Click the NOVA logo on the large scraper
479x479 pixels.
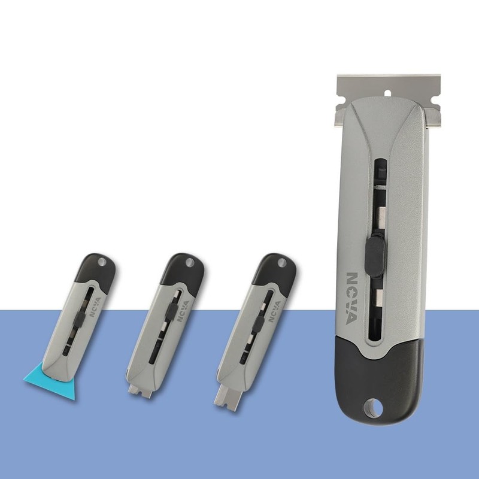tap(352, 299)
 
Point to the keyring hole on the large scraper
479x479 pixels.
tap(372, 408)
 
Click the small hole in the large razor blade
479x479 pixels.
tap(387, 93)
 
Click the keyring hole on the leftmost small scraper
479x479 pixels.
tap(102, 262)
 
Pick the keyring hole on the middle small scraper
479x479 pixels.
tap(190, 262)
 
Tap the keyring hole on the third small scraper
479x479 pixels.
tap(281, 263)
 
